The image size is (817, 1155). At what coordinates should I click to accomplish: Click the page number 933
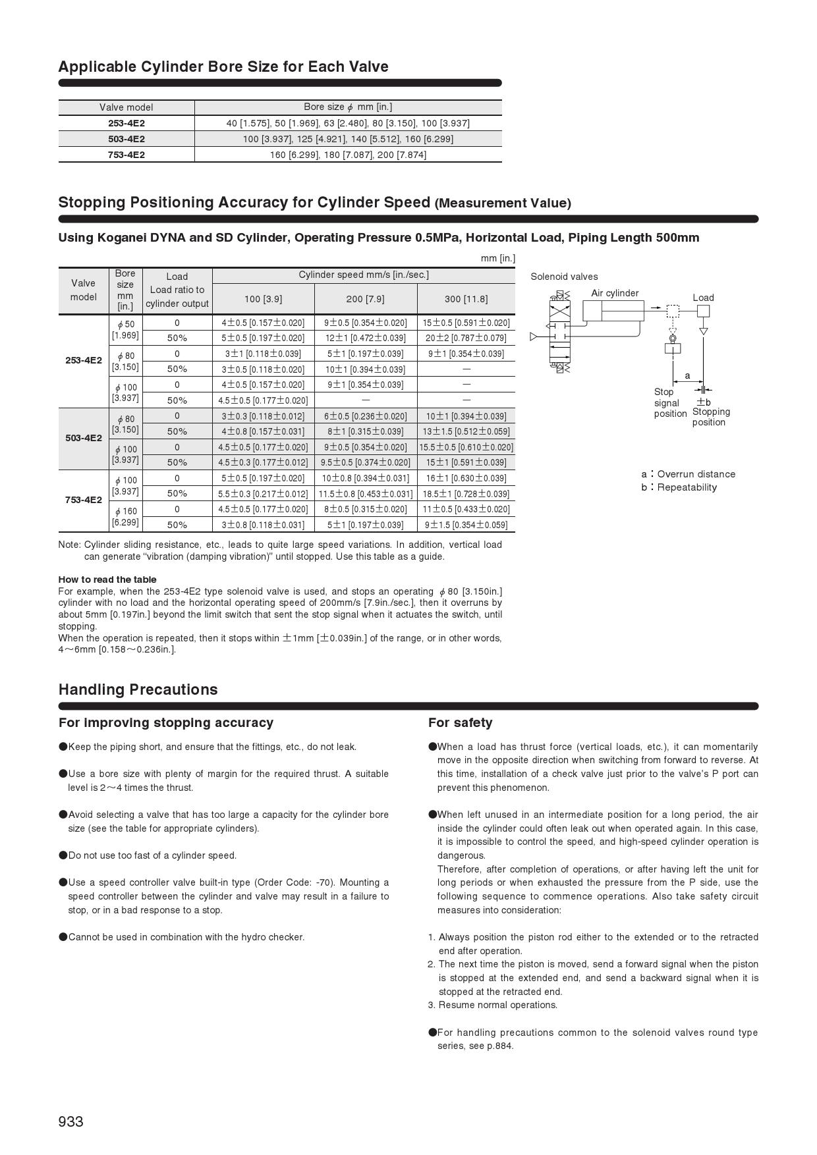click(71, 1121)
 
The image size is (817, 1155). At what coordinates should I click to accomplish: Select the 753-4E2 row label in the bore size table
click(127, 155)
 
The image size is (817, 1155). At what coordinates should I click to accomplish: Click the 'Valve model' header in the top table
click(127, 107)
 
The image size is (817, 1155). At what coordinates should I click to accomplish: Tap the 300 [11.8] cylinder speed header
click(466, 299)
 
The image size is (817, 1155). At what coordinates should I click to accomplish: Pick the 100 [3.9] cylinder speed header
click(263, 299)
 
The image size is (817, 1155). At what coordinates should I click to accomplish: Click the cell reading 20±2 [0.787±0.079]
click(466, 338)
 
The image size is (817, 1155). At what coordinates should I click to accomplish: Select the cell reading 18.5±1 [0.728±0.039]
click(466, 494)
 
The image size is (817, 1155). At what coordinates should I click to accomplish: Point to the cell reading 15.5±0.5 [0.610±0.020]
click(466, 447)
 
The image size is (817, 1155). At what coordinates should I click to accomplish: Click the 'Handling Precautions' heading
click(138, 689)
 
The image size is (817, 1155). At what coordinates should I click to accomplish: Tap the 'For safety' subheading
click(460, 722)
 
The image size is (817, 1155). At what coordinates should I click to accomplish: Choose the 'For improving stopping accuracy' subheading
click(165, 722)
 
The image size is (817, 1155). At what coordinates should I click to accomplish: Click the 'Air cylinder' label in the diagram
click(615, 293)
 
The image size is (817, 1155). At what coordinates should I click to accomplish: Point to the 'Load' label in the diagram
click(703, 298)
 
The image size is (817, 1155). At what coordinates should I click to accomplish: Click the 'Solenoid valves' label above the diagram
click(564, 277)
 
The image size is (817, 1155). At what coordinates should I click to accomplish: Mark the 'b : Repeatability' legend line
click(679, 487)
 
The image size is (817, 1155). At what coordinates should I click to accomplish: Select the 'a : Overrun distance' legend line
click(689, 474)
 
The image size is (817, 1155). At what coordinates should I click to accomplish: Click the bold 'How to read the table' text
click(107, 579)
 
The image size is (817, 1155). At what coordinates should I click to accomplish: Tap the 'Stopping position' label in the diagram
click(711, 417)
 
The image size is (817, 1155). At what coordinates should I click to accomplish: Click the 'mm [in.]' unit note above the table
click(497, 258)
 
